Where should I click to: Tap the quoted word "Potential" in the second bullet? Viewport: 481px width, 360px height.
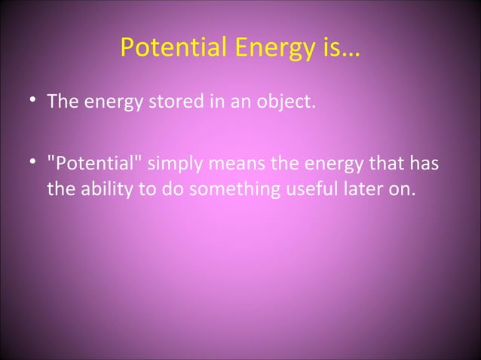[x=94, y=164]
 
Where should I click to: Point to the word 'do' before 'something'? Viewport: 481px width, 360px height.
[x=173, y=188]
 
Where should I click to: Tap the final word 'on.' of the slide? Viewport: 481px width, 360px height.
[x=402, y=188]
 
